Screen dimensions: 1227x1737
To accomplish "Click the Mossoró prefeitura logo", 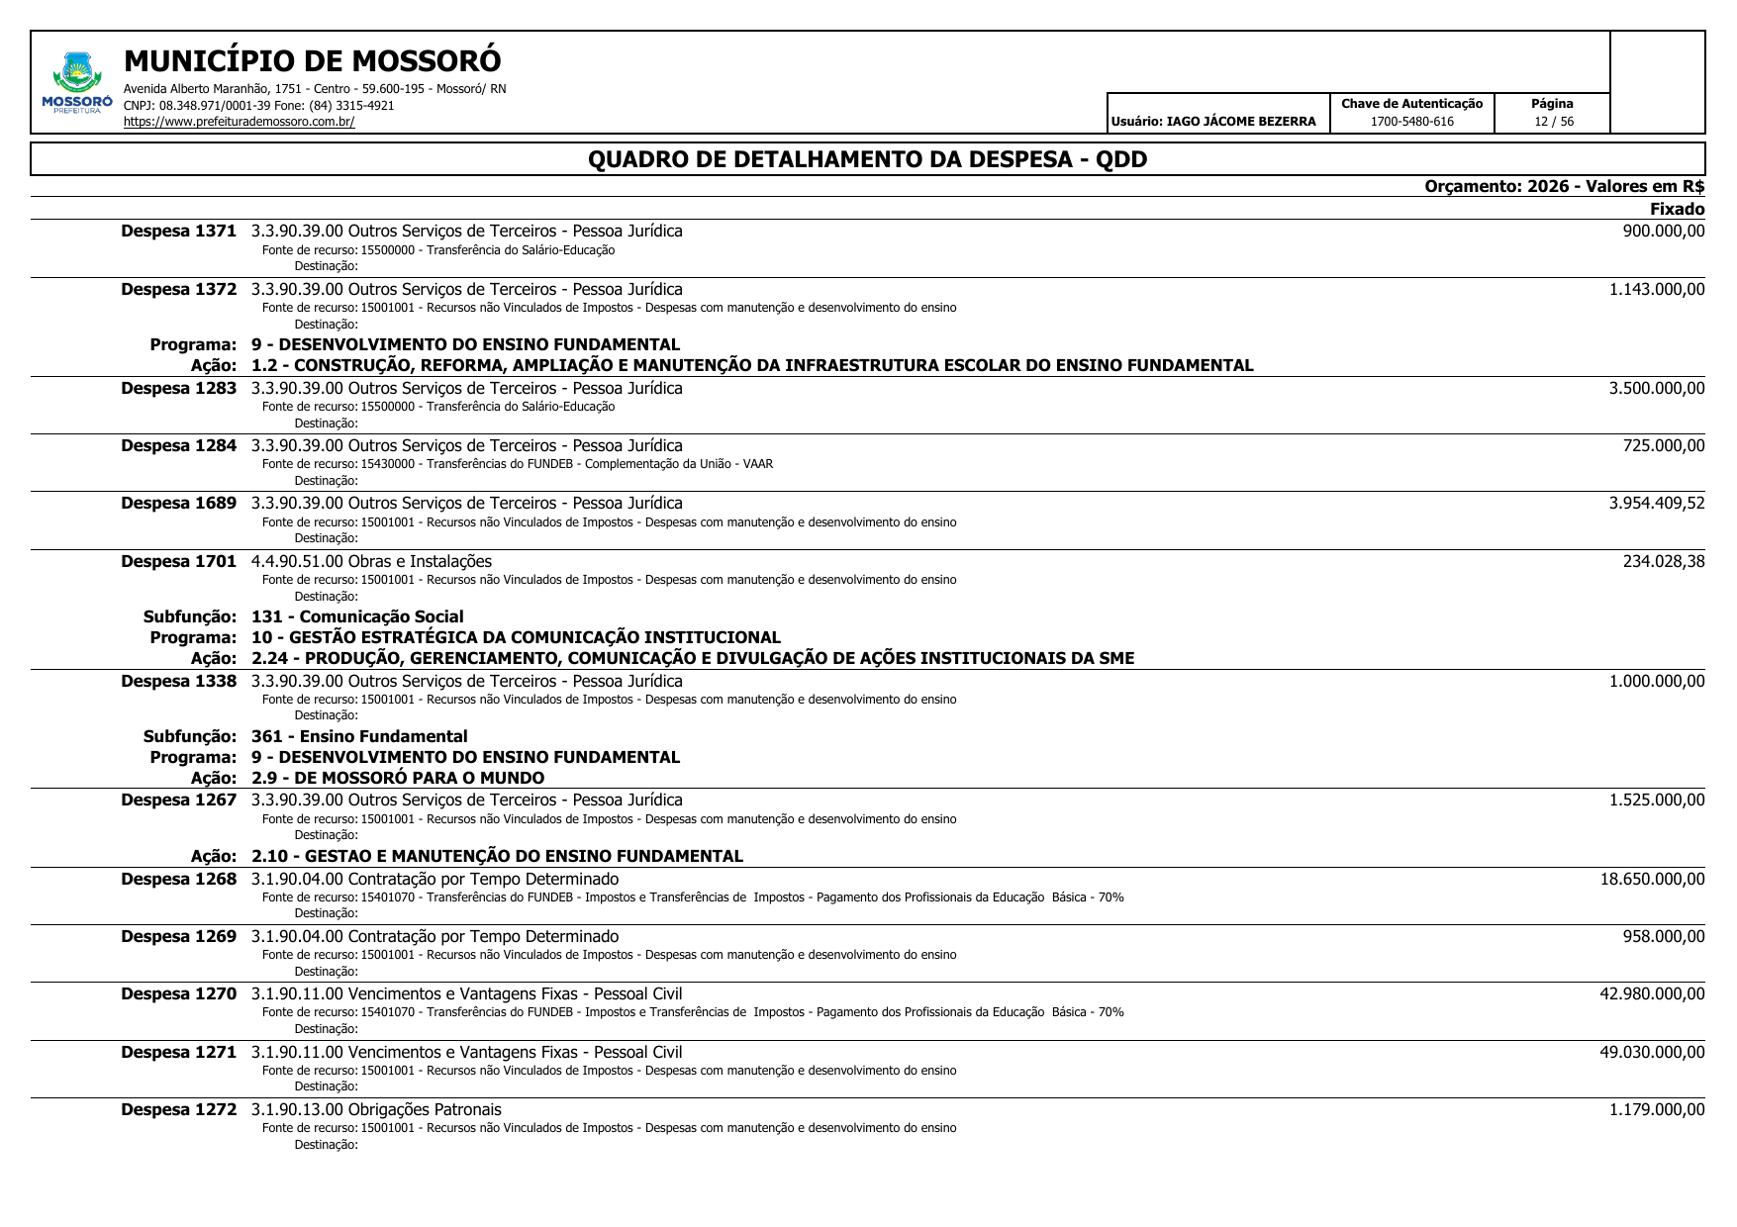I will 77,82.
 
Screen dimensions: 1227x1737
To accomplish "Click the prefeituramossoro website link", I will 239,123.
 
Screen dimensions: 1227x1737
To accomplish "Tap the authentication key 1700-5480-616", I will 1411,122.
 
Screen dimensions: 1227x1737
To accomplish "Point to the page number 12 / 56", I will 1553,122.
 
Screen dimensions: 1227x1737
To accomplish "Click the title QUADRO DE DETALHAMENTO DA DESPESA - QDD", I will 867,159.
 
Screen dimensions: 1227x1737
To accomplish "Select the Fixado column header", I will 1677,209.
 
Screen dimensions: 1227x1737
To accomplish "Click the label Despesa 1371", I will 178,232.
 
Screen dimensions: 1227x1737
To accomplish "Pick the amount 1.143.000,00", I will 1657,289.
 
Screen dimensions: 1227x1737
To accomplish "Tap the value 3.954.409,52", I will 1657,503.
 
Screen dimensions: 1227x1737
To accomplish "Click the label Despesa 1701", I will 178,562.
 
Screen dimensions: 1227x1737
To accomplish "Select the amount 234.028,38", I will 1664,562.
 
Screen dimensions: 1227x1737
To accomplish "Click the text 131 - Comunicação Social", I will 357,617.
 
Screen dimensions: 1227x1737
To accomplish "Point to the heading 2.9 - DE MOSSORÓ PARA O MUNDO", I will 398,778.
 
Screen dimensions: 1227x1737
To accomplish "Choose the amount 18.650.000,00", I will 1652,879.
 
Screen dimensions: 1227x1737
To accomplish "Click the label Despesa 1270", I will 178,994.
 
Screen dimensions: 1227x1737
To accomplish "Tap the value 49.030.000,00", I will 1652,1052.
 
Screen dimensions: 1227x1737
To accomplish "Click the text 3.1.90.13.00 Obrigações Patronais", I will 376,1110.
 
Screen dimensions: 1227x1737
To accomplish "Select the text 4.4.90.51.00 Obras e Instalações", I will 371,562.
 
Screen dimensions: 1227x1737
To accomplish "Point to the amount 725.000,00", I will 1664,446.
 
